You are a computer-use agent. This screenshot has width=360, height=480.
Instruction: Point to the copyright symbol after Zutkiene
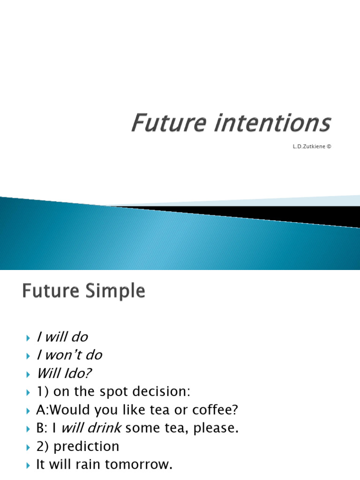coord(329,146)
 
